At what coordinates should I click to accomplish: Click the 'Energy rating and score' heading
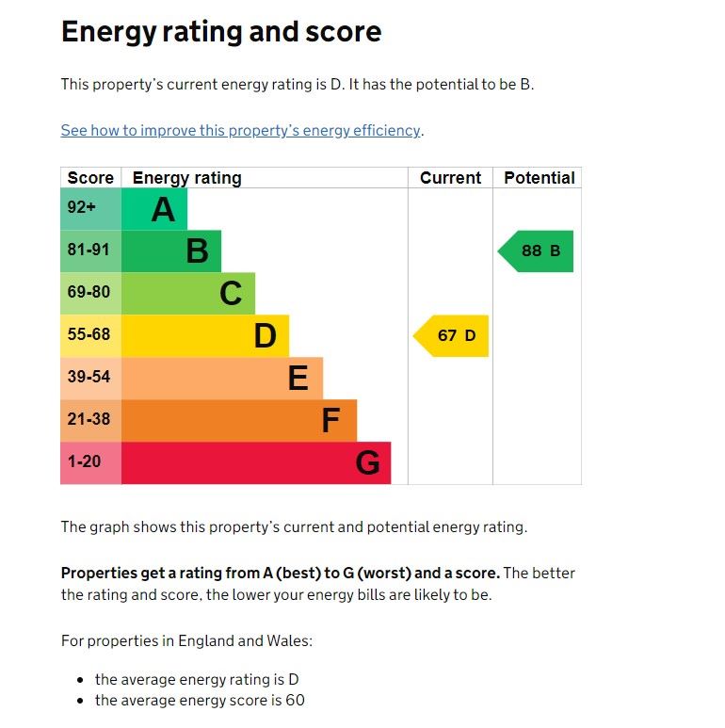[x=221, y=32]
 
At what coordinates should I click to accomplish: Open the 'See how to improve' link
[x=240, y=131]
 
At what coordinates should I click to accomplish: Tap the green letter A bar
[x=154, y=209]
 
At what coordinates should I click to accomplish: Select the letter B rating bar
[x=171, y=251]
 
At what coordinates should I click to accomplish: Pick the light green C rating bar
[x=188, y=294]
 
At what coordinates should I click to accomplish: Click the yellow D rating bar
[x=205, y=335]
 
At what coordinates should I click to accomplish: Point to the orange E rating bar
[x=222, y=378]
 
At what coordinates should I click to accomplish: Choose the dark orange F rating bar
[x=239, y=420]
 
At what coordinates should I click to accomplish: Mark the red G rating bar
[x=256, y=462]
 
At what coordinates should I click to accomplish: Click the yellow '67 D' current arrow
[x=453, y=335]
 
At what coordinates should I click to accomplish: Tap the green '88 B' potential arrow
[x=537, y=251]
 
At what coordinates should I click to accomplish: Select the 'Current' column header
[x=450, y=178]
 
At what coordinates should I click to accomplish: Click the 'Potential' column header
[x=540, y=178]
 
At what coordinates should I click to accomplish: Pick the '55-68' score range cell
[x=90, y=335]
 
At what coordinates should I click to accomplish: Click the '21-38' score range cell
[x=90, y=420]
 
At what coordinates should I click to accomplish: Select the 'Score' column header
[x=90, y=178]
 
